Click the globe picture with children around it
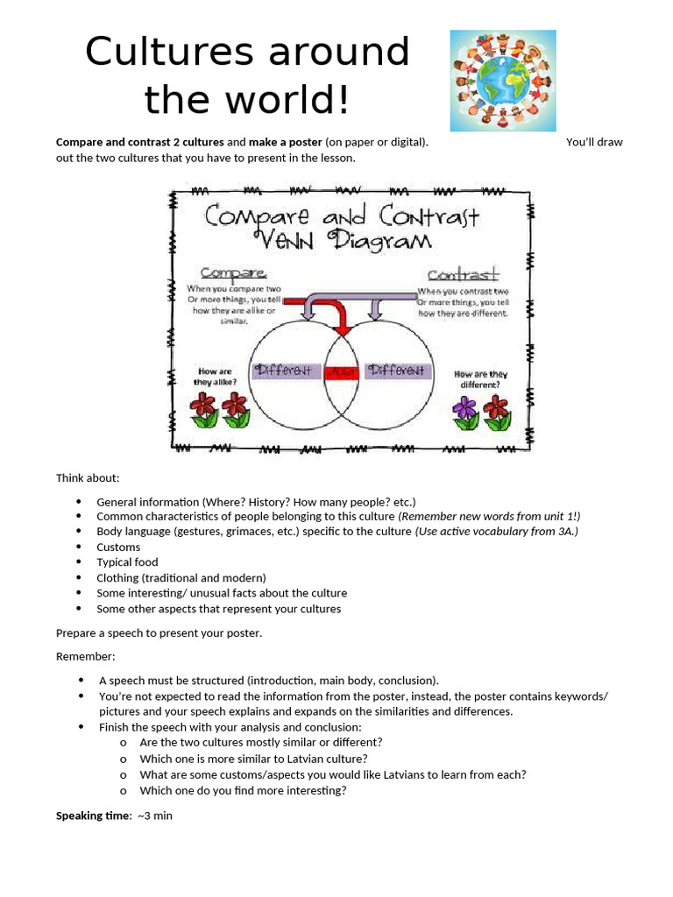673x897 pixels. click(x=503, y=81)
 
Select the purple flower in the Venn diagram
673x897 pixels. click(x=465, y=408)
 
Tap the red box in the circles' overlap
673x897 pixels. click(x=342, y=371)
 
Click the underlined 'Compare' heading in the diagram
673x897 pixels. click(x=233, y=273)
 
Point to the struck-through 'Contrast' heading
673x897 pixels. click(x=463, y=275)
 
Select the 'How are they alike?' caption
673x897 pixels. click(x=215, y=377)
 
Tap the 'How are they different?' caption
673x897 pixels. click(x=481, y=379)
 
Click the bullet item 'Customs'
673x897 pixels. click(x=118, y=547)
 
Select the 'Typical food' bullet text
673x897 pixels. click(x=127, y=562)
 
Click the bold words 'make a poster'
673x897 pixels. click(x=286, y=142)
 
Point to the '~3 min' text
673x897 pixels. click(x=154, y=816)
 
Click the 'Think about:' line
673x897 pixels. click(x=88, y=477)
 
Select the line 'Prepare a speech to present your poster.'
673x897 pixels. click(x=159, y=632)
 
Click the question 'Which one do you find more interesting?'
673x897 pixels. click(x=243, y=790)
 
